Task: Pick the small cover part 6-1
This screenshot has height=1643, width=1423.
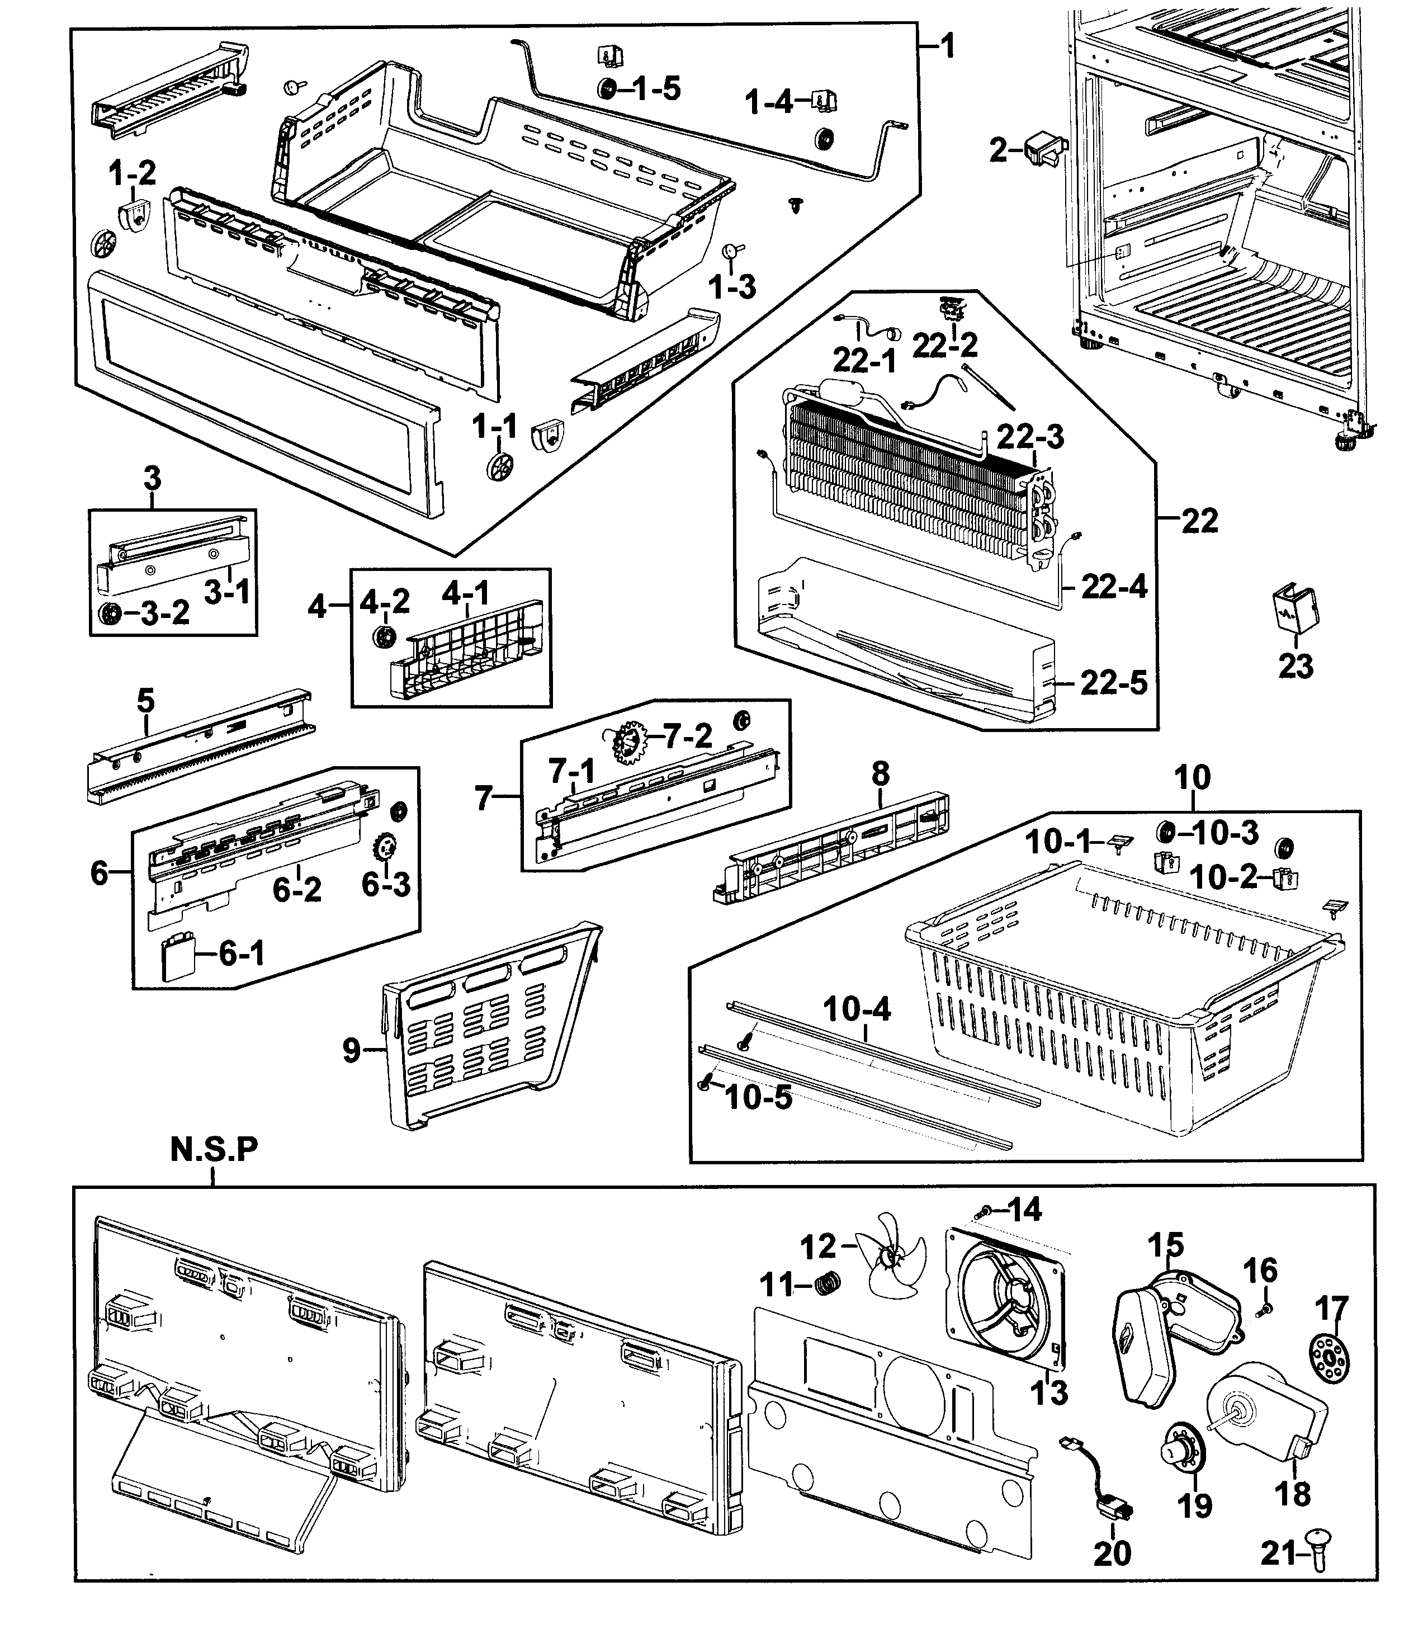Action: pyautogui.click(x=180, y=959)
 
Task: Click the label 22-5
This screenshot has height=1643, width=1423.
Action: pyautogui.click(x=1113, y=683)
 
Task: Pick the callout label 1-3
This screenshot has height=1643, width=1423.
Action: pyautogui.click(x=732, y=287)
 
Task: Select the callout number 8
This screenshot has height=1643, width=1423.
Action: pyautogui.click(x=880, y=773)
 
